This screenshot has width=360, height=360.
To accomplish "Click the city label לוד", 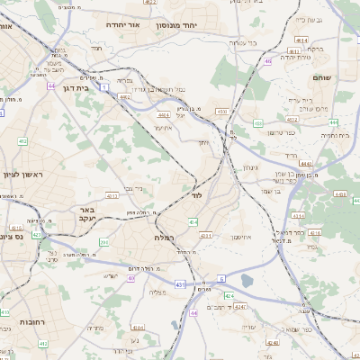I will [x=197, y=194].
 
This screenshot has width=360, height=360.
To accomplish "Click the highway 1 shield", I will [x=105, y=86].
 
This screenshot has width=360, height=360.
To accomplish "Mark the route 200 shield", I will [x=104, y=241].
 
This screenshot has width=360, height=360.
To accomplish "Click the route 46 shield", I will [x=267, y=60].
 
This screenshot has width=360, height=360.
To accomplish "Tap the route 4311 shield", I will [x=205, y=236].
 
